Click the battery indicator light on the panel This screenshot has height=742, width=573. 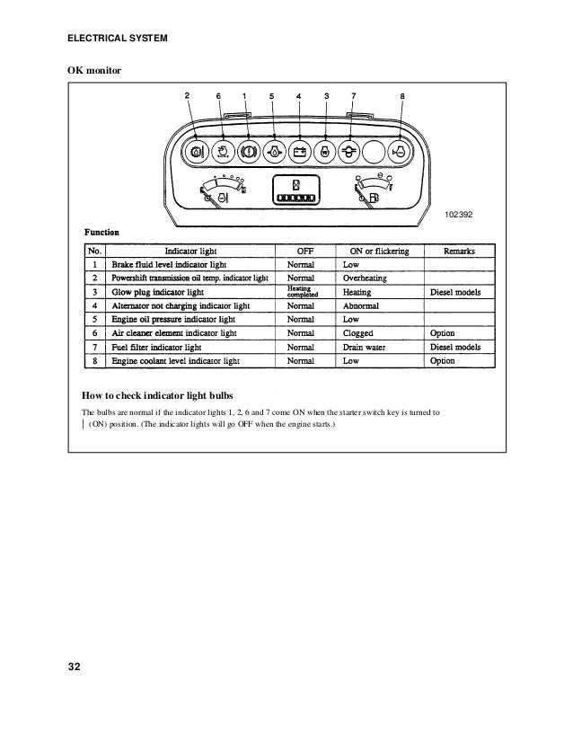point(300,151)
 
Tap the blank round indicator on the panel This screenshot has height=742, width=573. point(376,151)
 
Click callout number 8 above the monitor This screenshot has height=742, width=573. point(401,95)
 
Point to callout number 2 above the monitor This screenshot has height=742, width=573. point(187,95)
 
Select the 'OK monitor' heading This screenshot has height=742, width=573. point(94,69)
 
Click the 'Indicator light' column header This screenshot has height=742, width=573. point(190,251)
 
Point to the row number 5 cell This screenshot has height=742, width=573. point(93,319)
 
